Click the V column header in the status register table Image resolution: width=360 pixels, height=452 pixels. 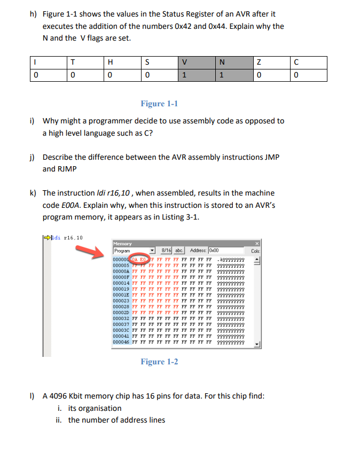coord(184,62)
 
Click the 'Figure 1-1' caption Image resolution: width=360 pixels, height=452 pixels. coord(159,104)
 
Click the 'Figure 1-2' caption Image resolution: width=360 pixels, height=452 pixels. coord(159,362)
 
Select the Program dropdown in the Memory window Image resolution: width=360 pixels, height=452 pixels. coord(134,251)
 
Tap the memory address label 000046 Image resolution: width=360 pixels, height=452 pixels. coord(121,342)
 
